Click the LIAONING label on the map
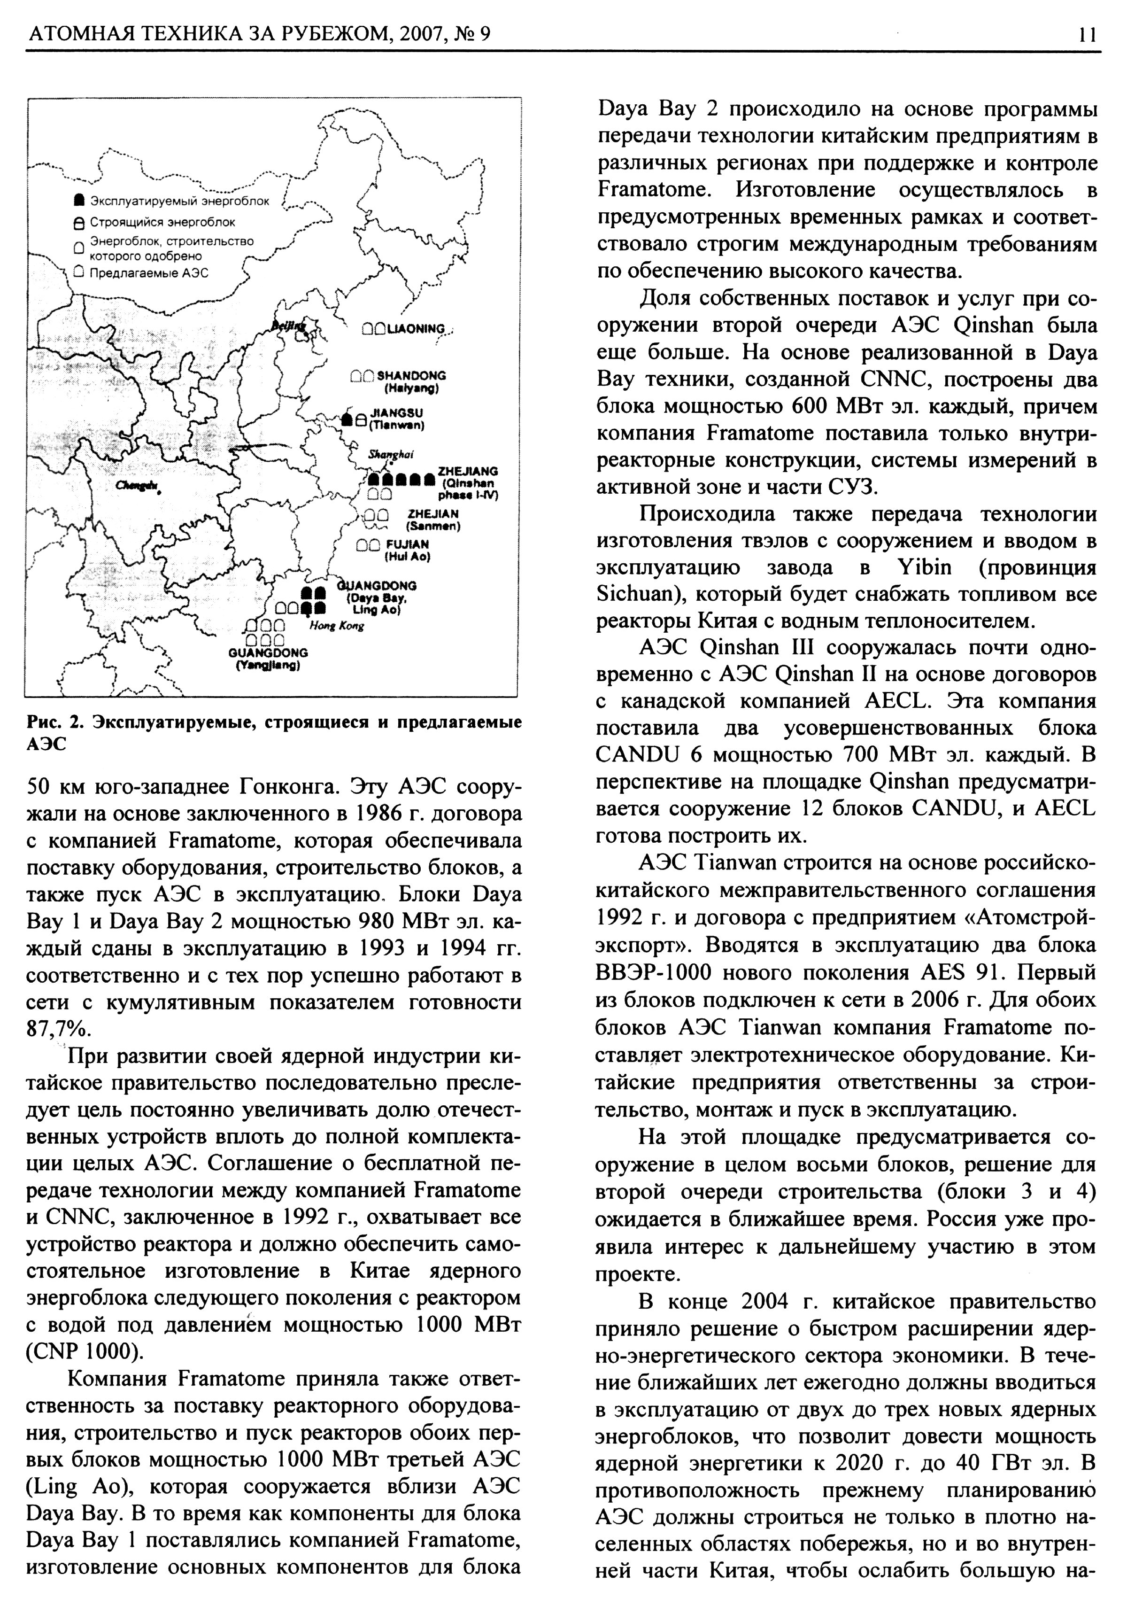[x=420, y=329]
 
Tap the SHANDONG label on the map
[x=412, y=376]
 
